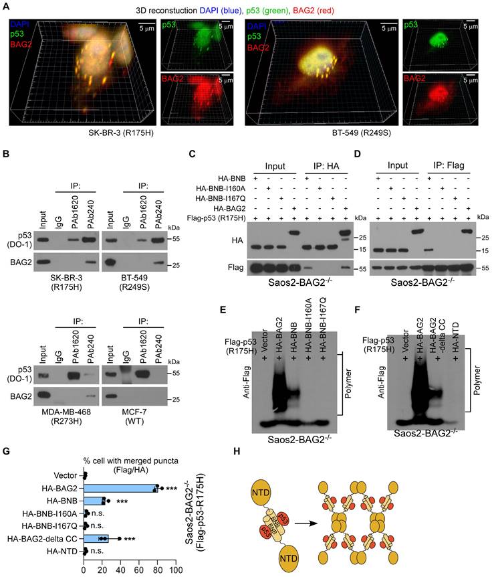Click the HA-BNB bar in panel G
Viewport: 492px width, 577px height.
click(x=94, y=500)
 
